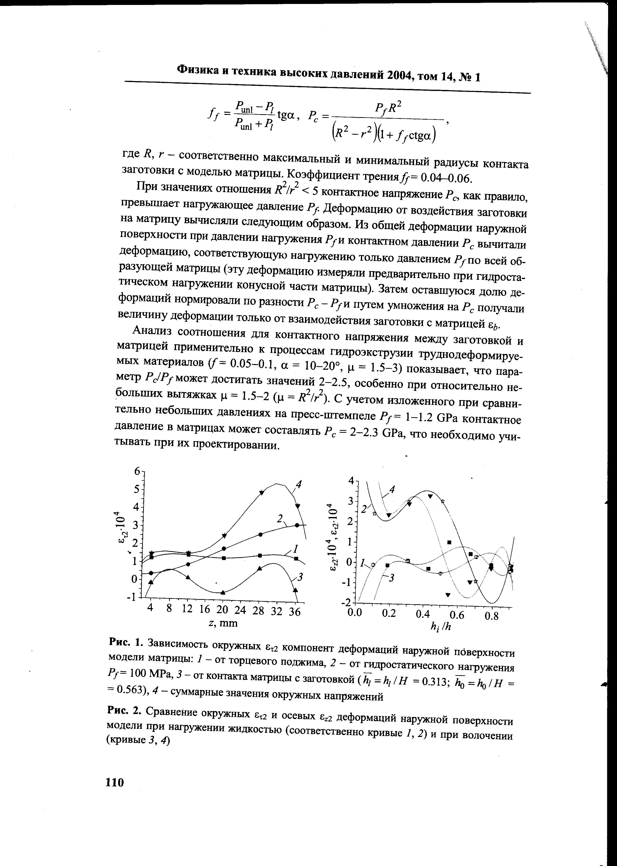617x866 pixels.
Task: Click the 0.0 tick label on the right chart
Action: tap(355, 612)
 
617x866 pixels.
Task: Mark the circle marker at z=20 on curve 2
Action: tap(224, 548)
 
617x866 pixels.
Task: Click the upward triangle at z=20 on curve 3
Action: tap(223, 592)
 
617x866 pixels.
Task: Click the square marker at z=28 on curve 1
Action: tap(260, 555)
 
